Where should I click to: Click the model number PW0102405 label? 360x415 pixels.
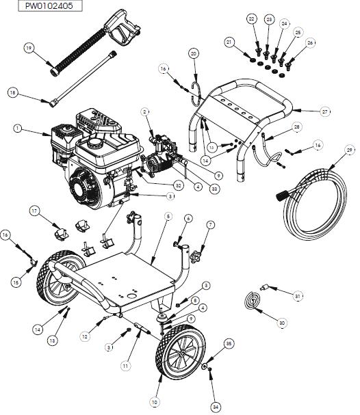tap(38, 6)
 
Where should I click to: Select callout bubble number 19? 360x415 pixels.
tap(29, 48)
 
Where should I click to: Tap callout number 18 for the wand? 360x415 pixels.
tap(12, 92)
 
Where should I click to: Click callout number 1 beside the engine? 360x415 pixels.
tap(17, 127)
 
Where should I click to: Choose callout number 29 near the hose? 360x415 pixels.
tap(349, 150)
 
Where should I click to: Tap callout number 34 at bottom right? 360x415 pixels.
tap(215, 407)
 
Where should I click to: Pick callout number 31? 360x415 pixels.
tap(297, 295)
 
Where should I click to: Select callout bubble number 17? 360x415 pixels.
tap(34, 212)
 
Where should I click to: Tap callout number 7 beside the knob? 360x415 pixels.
tap(210, 224)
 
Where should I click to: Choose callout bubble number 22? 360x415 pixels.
tap(251, 18)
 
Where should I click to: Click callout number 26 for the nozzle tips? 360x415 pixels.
tap(310, 42)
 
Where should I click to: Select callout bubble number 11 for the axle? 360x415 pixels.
tap(125, 366)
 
